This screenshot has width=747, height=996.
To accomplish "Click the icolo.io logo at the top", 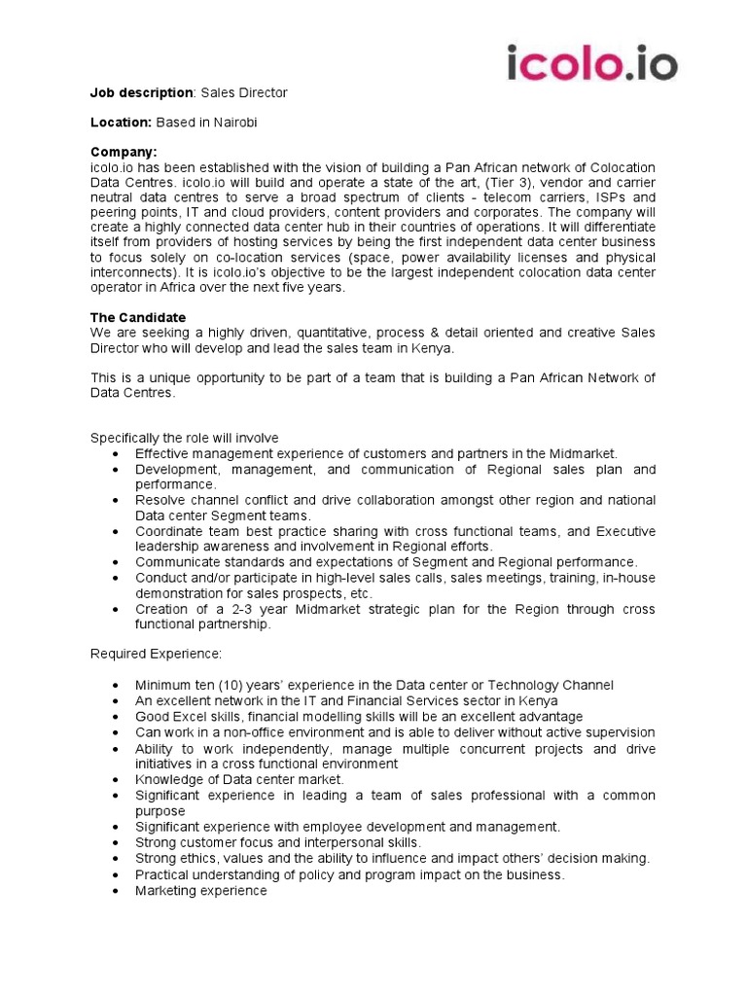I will coord(592,63).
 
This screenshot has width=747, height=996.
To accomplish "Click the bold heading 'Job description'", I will coord(141,92).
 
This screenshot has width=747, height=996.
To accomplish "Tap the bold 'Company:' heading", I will coord(124,152).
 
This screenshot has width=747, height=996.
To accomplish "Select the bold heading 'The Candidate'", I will coord(138,318).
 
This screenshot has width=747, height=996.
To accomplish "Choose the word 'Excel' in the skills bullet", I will coord(193,717).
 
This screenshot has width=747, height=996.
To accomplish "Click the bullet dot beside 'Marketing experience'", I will coord(117,890).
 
